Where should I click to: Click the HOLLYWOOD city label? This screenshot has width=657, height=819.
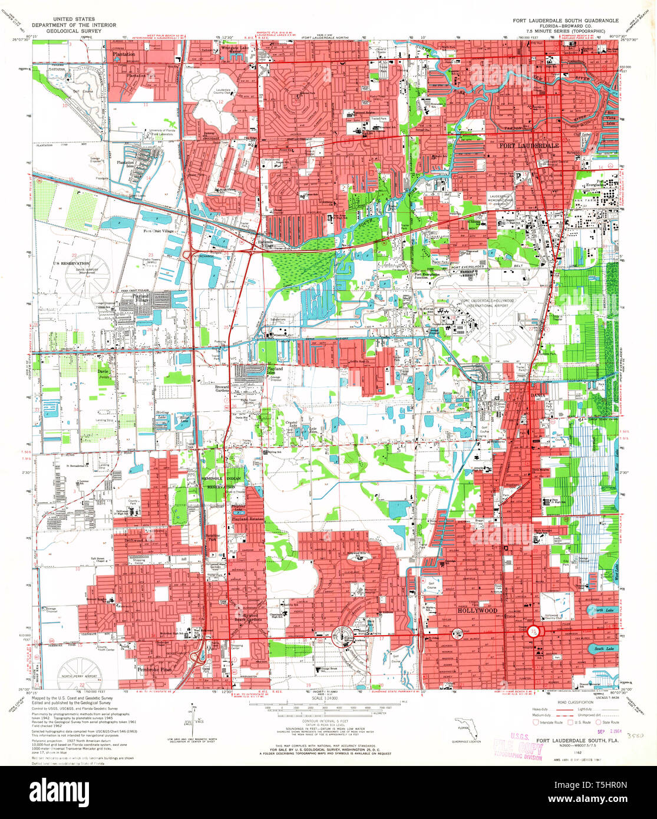point(477,611)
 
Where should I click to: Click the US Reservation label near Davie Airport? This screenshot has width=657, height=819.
point(71,263)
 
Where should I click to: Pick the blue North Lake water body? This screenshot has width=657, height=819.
point(603,610)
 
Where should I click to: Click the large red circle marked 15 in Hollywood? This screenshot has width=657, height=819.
point(534,631)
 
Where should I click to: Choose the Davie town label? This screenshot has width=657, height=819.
point(103,372)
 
